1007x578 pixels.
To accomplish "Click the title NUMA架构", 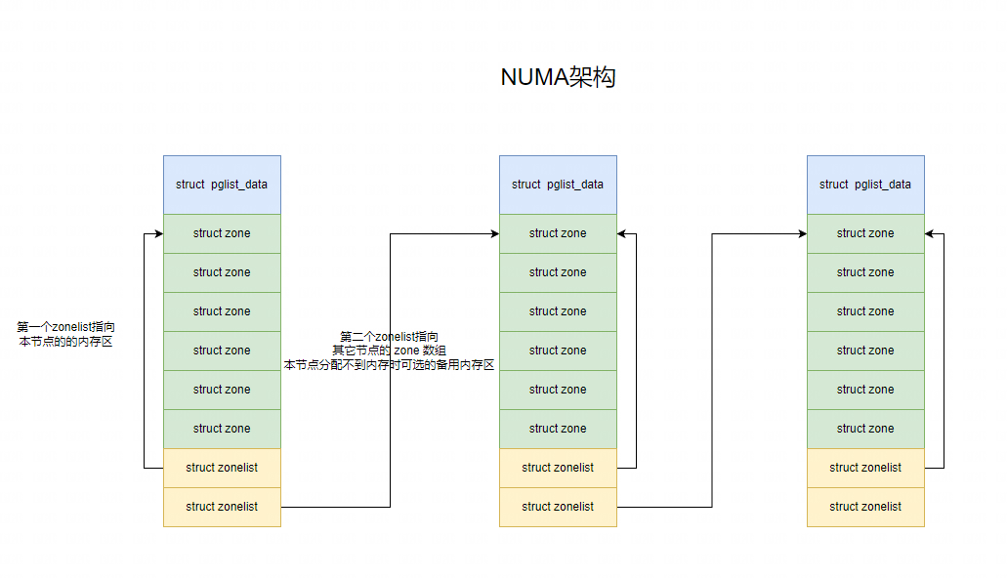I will click(x=558, y=78).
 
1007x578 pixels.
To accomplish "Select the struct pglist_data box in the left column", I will click(x=222, y=185).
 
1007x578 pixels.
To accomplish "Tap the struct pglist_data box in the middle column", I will click(x=558, y=185).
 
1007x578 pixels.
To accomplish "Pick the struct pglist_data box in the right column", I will click(x=865, y=185).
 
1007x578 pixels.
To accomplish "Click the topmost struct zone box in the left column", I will click(x=222, y=233).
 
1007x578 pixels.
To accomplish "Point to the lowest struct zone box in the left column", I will click(x=222, y=429).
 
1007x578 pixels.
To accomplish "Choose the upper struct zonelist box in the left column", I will click(x=222, y=468).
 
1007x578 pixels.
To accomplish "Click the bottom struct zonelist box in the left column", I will click(x=222, y=507).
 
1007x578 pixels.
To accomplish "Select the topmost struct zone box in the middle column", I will click(x=558, y=233).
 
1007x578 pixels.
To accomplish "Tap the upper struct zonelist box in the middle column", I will click(x=558, y=468).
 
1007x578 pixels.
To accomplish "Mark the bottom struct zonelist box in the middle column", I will click(x=558, y=507).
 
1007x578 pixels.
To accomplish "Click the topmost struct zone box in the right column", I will click(x=865, y=233).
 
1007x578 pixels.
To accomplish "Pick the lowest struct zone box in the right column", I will click(x=865, y=429).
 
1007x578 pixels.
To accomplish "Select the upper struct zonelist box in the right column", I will click(x=865, y=468).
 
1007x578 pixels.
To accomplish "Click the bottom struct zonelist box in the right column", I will click(x=865, y=507).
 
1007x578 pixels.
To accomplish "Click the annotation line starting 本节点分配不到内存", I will click(x=390, y=364).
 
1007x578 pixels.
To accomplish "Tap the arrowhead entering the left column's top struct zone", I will click(x=157, y=233).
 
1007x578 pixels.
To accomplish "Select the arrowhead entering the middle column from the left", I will click(x=493, y=233).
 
